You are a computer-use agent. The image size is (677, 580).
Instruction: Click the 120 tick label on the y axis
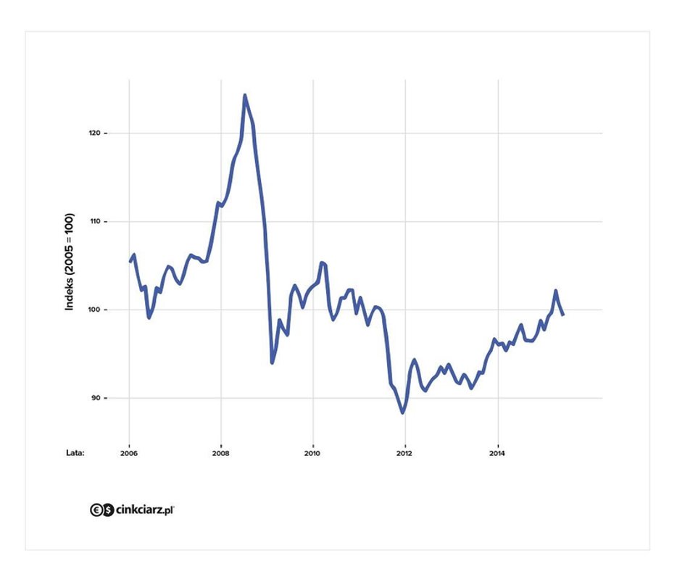96,133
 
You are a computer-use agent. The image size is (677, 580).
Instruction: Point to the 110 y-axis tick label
96,222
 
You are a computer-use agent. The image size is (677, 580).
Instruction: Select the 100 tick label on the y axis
96,310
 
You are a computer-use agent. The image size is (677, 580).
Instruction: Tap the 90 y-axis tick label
97,399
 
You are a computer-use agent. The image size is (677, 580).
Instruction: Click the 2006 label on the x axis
129,454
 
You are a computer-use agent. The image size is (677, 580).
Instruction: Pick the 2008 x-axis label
221,454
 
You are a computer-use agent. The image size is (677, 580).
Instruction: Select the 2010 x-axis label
313,454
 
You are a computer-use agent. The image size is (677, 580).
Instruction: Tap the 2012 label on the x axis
405,454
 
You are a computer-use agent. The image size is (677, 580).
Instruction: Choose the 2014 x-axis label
497,454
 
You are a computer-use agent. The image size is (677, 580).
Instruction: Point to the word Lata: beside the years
75,454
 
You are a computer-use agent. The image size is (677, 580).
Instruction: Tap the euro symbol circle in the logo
96,510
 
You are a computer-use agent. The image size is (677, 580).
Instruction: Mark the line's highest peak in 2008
245,95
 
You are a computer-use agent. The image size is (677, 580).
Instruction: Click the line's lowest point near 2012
403,413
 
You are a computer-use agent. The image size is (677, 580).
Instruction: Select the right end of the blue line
563,314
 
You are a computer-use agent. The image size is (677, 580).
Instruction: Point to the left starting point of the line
130,261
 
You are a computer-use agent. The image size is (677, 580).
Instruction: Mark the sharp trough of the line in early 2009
272,362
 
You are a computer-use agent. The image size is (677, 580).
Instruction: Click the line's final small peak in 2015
555,291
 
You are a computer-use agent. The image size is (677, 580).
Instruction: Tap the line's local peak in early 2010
322,262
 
